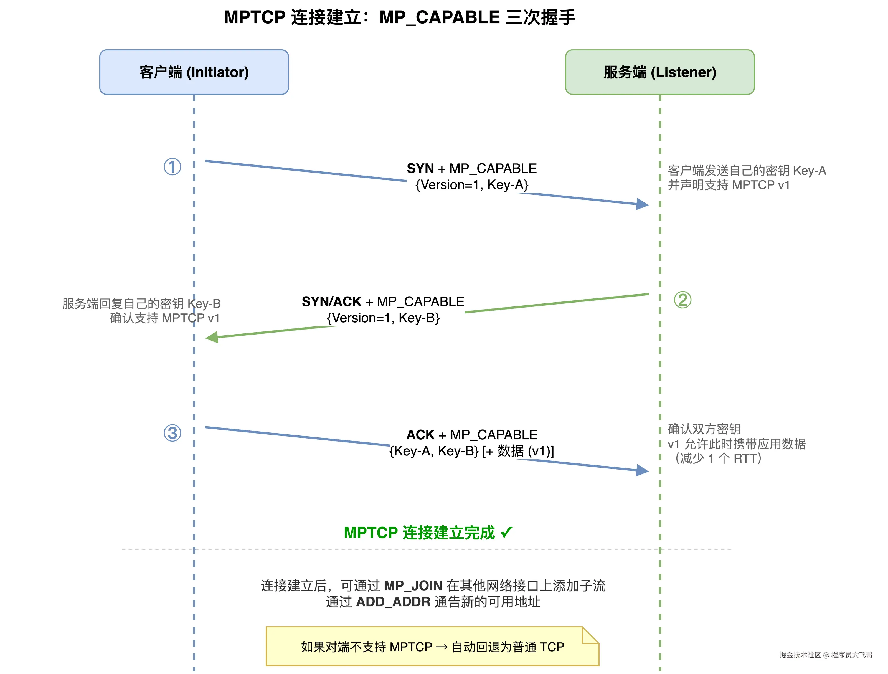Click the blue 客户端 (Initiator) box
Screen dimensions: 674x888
coord(194,72)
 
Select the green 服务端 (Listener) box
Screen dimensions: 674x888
coord(659,72)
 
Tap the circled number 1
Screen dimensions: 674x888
coord(172,167)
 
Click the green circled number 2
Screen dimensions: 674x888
coord(683,300)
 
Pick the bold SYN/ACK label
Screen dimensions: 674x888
coord(332,302)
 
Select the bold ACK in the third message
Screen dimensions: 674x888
coord(420,435)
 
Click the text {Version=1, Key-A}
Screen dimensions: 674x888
coord(472,185)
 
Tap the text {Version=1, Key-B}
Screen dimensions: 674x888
coord(383,318)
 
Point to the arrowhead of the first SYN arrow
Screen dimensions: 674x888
coord(643,204)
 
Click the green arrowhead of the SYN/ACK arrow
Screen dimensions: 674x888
coord(212,337)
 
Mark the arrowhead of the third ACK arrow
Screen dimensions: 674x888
coord(643,470)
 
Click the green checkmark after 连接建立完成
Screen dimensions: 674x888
coord(507,532)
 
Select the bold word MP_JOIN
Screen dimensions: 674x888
coord(413,586)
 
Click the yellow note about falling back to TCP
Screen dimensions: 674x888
coord(432,647)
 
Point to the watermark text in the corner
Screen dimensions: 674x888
coord(826,655)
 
